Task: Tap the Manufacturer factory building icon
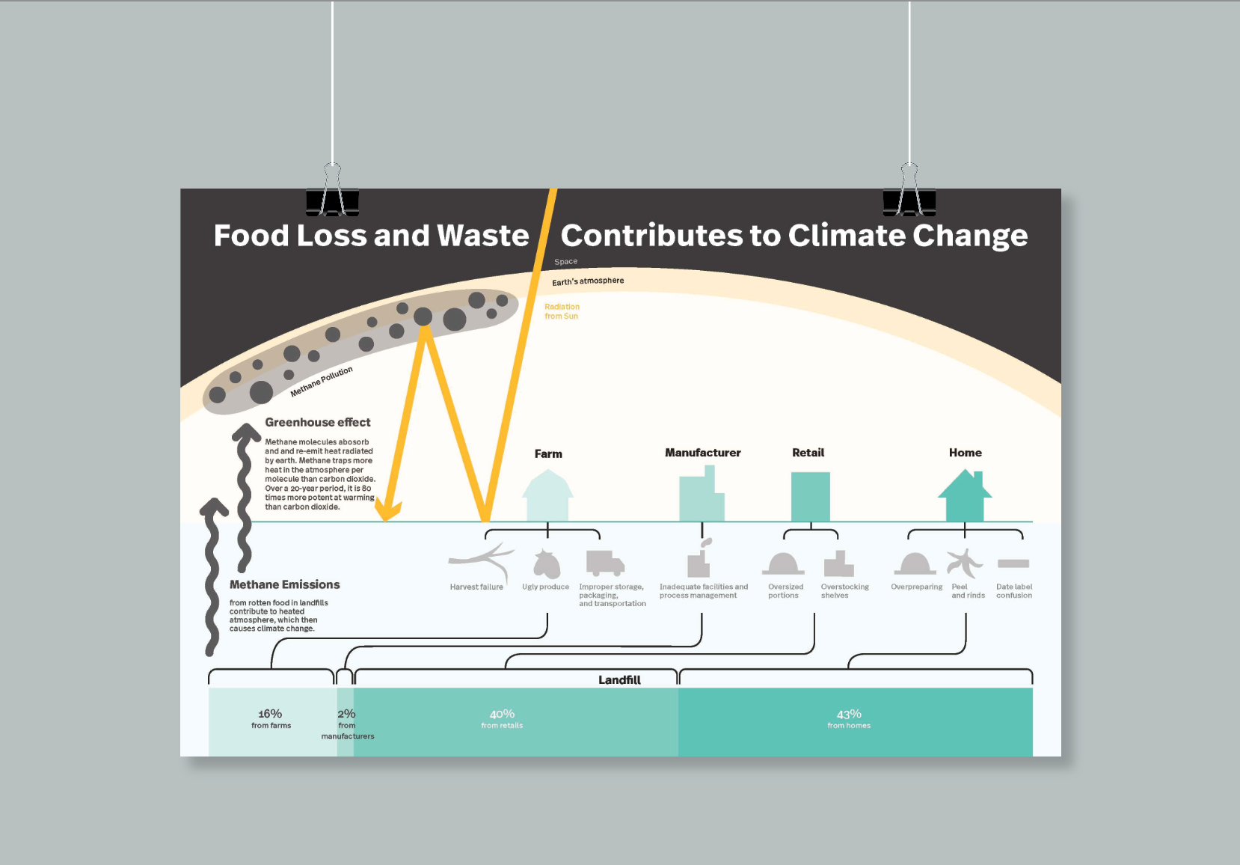(x=702, y=495)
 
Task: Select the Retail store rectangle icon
(x=811, y=496)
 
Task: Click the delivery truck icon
(x=604, y=563)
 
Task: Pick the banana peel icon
(x=964, y=563)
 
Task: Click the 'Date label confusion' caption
(x=1013, y=591)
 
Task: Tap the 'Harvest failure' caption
(x=476, y=587)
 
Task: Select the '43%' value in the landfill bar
(x=849, y=714)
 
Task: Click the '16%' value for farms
(x=270, y=714)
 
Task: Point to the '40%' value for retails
(x=502, y=714)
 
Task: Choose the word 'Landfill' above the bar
(x=619, y=679)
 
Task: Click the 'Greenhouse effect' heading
(x=318, y=422)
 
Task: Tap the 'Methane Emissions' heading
(x=284, y=584)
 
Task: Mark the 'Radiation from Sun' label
(x=562, y=311)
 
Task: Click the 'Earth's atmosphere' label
(x=588, y=281)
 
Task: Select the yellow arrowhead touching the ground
(x=387, y=511)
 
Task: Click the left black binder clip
(x=332, y=199)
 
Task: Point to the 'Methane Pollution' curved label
(x=322, y=382)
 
